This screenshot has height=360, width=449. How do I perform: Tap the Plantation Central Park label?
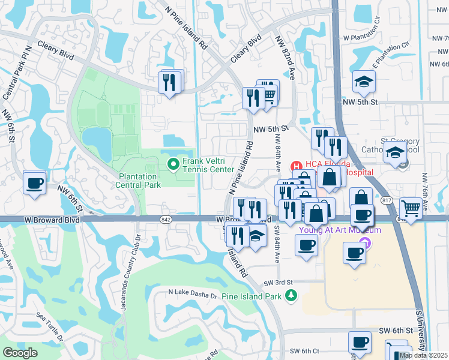139,181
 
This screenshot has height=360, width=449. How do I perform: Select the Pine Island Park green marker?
291,295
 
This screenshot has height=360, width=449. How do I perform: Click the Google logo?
20,353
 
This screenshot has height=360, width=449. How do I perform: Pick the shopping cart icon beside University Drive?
411,209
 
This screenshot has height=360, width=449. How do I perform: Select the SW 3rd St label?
278,282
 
